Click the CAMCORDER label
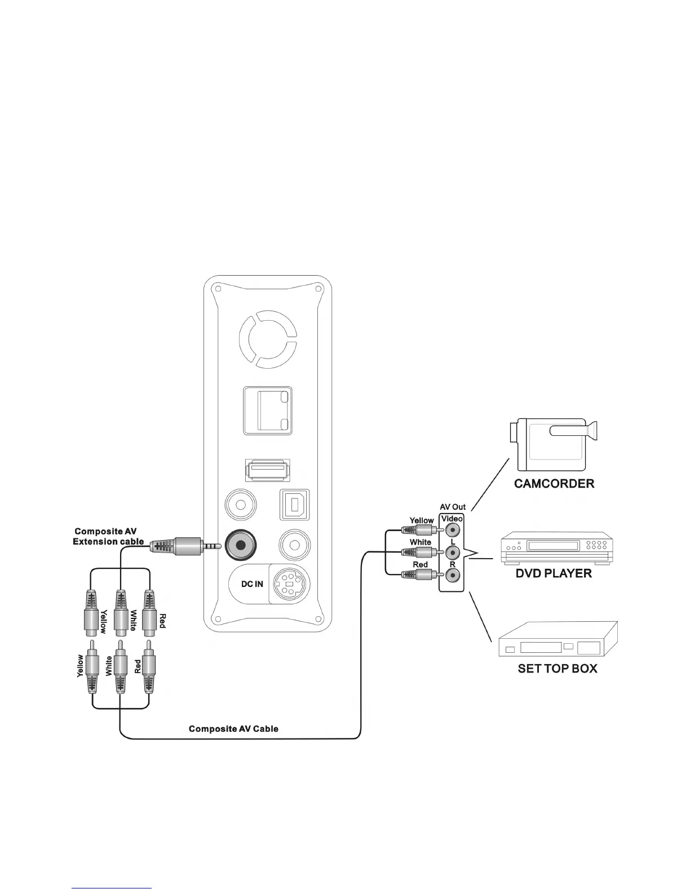[554, 483]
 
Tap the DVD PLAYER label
[554, 573]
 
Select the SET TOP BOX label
[557, 669]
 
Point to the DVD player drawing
[555, 547]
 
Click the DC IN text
[252, 584]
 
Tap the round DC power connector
[289, 584]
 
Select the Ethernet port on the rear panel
[268, 410]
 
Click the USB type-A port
[267, 469]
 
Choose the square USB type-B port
[294, 504]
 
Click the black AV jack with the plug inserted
[241, 545]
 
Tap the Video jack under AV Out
[452, 531]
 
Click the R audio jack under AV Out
[452, 576]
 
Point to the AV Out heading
[453, 507]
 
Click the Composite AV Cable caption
[233, 729]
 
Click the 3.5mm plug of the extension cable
[186, 546]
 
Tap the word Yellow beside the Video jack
[422, 520]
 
